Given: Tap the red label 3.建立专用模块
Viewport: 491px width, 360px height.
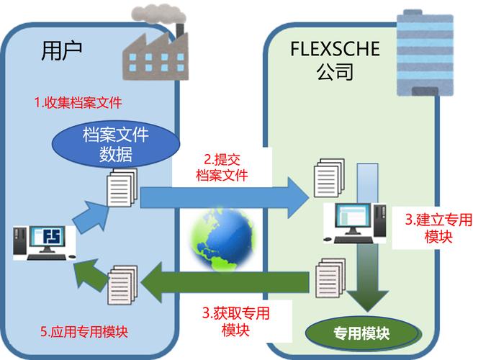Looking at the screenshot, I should [x=438, y=228].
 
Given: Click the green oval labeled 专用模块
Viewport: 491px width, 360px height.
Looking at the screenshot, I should [x=361, y=334].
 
